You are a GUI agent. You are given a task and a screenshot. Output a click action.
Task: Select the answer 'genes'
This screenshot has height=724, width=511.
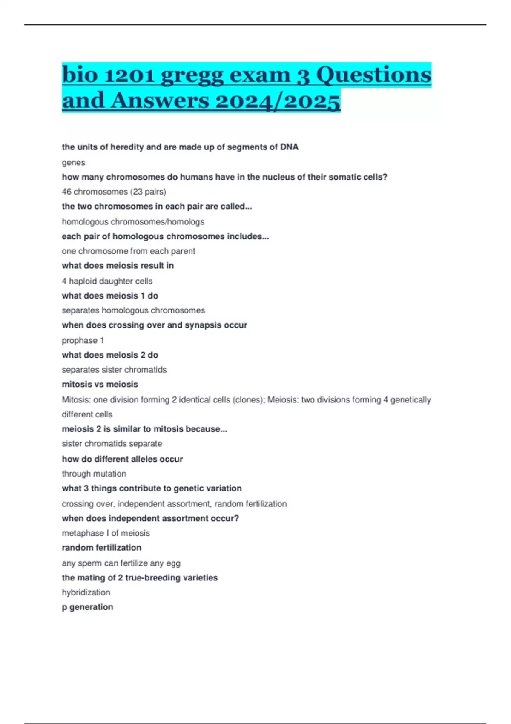(x=73, y=162)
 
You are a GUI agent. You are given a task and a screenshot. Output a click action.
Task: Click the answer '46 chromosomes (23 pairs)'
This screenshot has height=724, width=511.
(x=114, y=192)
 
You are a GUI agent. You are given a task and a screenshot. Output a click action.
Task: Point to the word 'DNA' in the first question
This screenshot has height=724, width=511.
(x=289, y=147)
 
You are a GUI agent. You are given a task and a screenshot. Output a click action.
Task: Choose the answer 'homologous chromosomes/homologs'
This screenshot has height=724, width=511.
(x=133, y=221)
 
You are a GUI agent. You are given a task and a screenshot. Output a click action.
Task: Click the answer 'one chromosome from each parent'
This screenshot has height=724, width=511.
(x=128, y=251)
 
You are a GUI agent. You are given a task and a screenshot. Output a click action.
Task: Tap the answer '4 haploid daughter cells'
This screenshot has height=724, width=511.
(x=107, y=281)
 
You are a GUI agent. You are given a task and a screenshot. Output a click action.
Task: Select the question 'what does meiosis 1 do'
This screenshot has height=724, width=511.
(x=110, y=296)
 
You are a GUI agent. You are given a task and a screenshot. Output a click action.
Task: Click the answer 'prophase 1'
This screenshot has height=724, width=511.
(x=83, y=340)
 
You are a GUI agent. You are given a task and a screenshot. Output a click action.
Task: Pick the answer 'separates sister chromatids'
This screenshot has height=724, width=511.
(x=114, y=370)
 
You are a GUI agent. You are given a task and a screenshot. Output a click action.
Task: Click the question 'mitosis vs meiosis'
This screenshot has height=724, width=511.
(x=100, y=384)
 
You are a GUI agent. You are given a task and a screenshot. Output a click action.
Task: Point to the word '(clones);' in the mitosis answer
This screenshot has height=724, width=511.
(x=249, y=399)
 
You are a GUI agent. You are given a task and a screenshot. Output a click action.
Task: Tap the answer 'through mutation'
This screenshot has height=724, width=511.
(x=94, y=474)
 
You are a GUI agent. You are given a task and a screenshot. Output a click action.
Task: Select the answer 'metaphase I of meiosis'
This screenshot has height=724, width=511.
(x=106, y=533)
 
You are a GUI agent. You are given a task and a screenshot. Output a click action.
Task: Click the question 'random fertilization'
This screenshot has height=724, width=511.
(x=101, y=548)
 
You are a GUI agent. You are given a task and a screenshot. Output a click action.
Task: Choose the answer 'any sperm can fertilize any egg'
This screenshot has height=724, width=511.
(x=121, y=563)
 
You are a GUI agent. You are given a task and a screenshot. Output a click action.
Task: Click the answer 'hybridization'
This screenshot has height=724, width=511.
(x=86, y=592)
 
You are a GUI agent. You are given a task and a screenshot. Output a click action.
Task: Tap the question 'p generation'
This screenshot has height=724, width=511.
(x=87, y=607)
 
